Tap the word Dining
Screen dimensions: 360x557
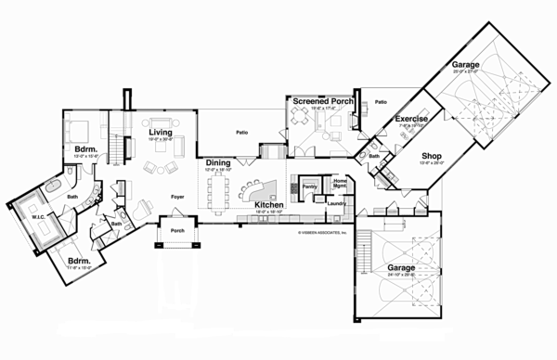(218, 162)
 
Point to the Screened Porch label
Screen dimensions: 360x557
(320, 100)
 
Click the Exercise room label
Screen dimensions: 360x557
(411, 120)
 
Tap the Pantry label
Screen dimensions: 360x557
(309, 186)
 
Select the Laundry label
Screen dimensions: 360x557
(337, 203)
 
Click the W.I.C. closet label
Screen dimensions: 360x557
(38, 220)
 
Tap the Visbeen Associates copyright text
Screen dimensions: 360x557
(321, 232)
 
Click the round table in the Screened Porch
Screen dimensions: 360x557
(301, 116)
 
